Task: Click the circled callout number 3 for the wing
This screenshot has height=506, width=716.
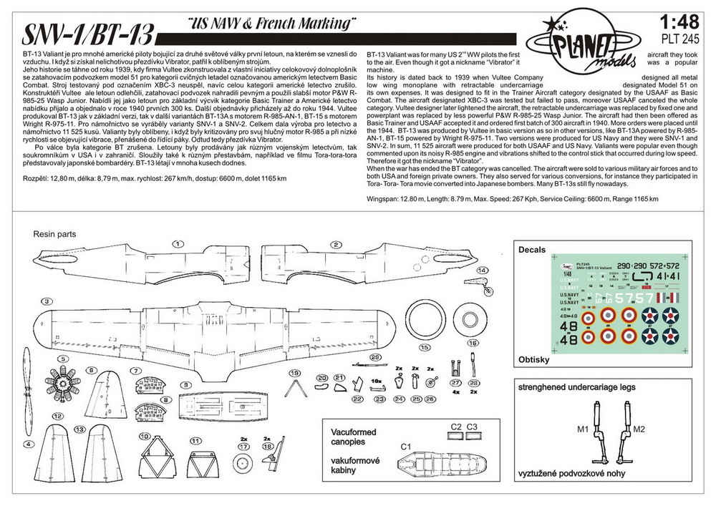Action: pyautogui.click(x=46, y=302)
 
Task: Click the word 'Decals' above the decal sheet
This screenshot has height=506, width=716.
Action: pyautogui.click(x=531, y=250)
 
